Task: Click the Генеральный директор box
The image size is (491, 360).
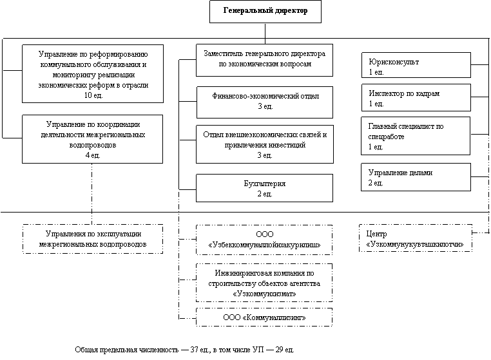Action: pos(265,12)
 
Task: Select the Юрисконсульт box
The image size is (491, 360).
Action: pos(416,65)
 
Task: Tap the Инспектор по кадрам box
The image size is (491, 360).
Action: pos(416,97)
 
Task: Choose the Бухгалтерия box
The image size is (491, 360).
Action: pos(265,188)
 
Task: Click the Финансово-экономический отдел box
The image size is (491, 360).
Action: pos(265,102)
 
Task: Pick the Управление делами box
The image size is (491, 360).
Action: pos(416,177)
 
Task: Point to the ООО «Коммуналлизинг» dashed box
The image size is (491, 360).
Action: pos(264,317)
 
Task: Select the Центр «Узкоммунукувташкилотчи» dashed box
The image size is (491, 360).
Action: pos(416,238)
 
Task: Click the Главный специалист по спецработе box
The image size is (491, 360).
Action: pos(416,136)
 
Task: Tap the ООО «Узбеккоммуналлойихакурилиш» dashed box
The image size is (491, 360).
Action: pos(264,240)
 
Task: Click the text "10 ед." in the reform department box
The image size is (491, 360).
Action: pos(93,95)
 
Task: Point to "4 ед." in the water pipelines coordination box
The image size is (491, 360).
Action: pos(93,155)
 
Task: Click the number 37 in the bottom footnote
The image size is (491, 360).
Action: pos(194,350)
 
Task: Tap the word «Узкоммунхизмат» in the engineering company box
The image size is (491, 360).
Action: pos(265,294)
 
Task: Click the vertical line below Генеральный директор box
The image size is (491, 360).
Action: pos(265,33)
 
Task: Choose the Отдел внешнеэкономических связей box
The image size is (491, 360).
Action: pos(265,144)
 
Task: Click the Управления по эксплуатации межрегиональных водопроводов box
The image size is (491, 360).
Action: pos(93,239)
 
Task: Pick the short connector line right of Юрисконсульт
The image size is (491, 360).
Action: pos(480,65)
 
